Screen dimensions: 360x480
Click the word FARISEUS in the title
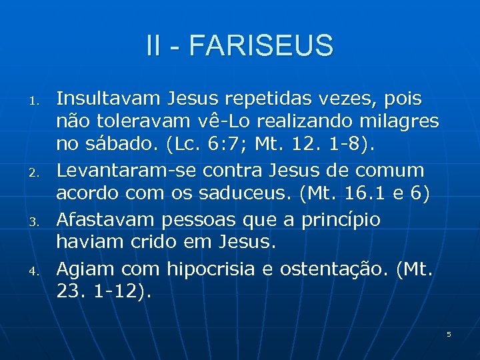point(261,46)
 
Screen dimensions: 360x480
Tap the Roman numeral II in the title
point(155,46)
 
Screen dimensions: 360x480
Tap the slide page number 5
point(449,333)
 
